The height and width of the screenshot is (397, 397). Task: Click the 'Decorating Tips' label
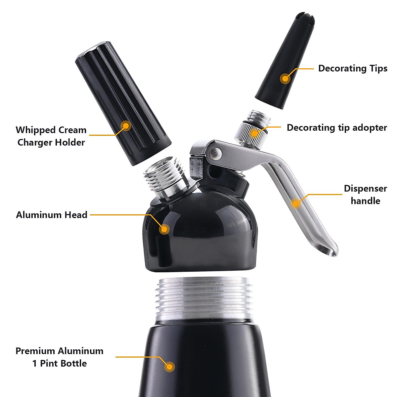click(353, 68)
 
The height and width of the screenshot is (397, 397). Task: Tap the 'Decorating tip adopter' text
click(336, 128)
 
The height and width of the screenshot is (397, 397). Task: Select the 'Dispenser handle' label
click(365, 195)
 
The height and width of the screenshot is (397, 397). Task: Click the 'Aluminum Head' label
click(52, 215)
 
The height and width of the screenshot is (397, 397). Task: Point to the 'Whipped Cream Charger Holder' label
click(51, 136)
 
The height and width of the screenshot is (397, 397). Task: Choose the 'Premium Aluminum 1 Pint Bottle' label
click(60, 357)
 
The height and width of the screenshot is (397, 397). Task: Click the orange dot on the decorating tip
click(285, 79)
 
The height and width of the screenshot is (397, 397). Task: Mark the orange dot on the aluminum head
click(164, 229)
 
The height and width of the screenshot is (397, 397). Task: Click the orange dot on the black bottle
click(169, 367)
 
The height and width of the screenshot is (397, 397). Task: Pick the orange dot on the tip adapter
click(254, 133)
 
